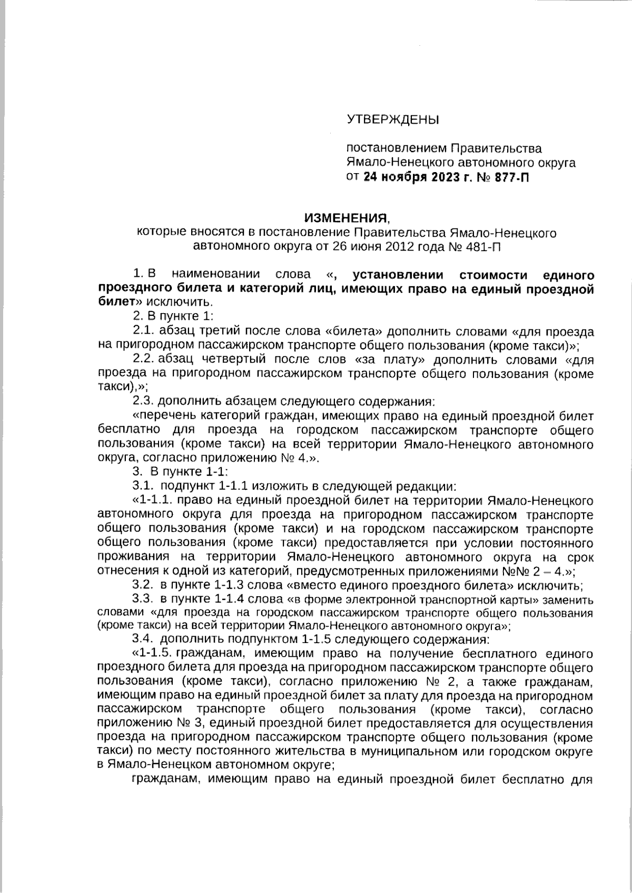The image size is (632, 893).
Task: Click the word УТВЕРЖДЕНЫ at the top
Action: [x=392, y=120]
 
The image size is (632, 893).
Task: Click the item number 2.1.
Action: [x=142, y=332]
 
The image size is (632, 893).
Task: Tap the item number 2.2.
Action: [x=142, y=360]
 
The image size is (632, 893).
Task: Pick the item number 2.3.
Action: [x=142, y=402]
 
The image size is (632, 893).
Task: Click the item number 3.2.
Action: [x=142, y=585]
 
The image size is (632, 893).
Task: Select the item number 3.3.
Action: [x=142, y=599]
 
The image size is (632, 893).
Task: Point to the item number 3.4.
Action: [x=142, y=640]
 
